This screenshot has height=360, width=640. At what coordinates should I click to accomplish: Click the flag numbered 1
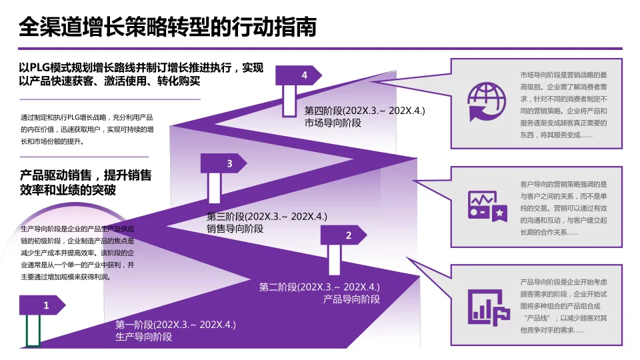(x=44, y=305)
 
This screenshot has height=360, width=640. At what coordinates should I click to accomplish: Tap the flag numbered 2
(x=345, y=235)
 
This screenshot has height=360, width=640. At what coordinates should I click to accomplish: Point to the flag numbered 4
(x=301, y=75)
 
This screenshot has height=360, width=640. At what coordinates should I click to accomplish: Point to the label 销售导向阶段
(x=235, y=229)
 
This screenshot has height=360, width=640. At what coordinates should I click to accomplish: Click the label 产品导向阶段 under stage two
(x=351, y=299)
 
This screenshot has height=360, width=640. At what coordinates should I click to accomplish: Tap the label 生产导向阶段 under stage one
(x=144, y=337)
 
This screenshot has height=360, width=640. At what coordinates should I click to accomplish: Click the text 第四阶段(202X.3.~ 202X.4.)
(x=364, y=111)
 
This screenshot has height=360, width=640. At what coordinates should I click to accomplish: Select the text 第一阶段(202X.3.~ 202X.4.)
(x=175, y=325)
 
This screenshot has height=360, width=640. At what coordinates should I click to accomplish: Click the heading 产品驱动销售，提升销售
(x=86, y=176)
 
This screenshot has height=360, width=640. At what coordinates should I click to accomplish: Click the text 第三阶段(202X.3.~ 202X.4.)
(x=267, y=217)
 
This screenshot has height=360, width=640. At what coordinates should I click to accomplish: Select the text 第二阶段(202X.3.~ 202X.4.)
(x=319, y=287)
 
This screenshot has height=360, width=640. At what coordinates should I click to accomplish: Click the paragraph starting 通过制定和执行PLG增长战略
(x=87, y=129)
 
